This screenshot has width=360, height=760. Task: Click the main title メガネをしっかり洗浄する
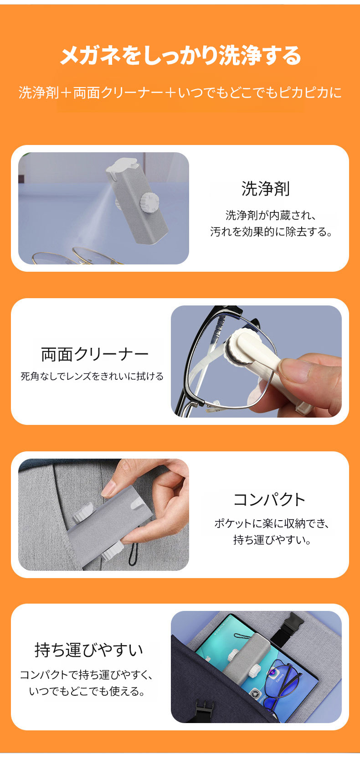(180, 56)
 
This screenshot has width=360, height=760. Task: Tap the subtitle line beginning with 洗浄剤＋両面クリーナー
(180, 93)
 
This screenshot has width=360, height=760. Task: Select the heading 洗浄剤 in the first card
(265, 189)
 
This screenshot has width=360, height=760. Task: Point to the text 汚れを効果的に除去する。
(271, 232)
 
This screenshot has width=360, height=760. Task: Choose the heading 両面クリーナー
(95, 355)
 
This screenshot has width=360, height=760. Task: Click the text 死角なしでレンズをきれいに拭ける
(92, 376)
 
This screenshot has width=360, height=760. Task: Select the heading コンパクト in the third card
(269, 500)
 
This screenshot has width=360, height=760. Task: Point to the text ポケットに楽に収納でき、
(272, 523)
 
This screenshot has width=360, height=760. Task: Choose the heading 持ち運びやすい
(89, 650)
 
